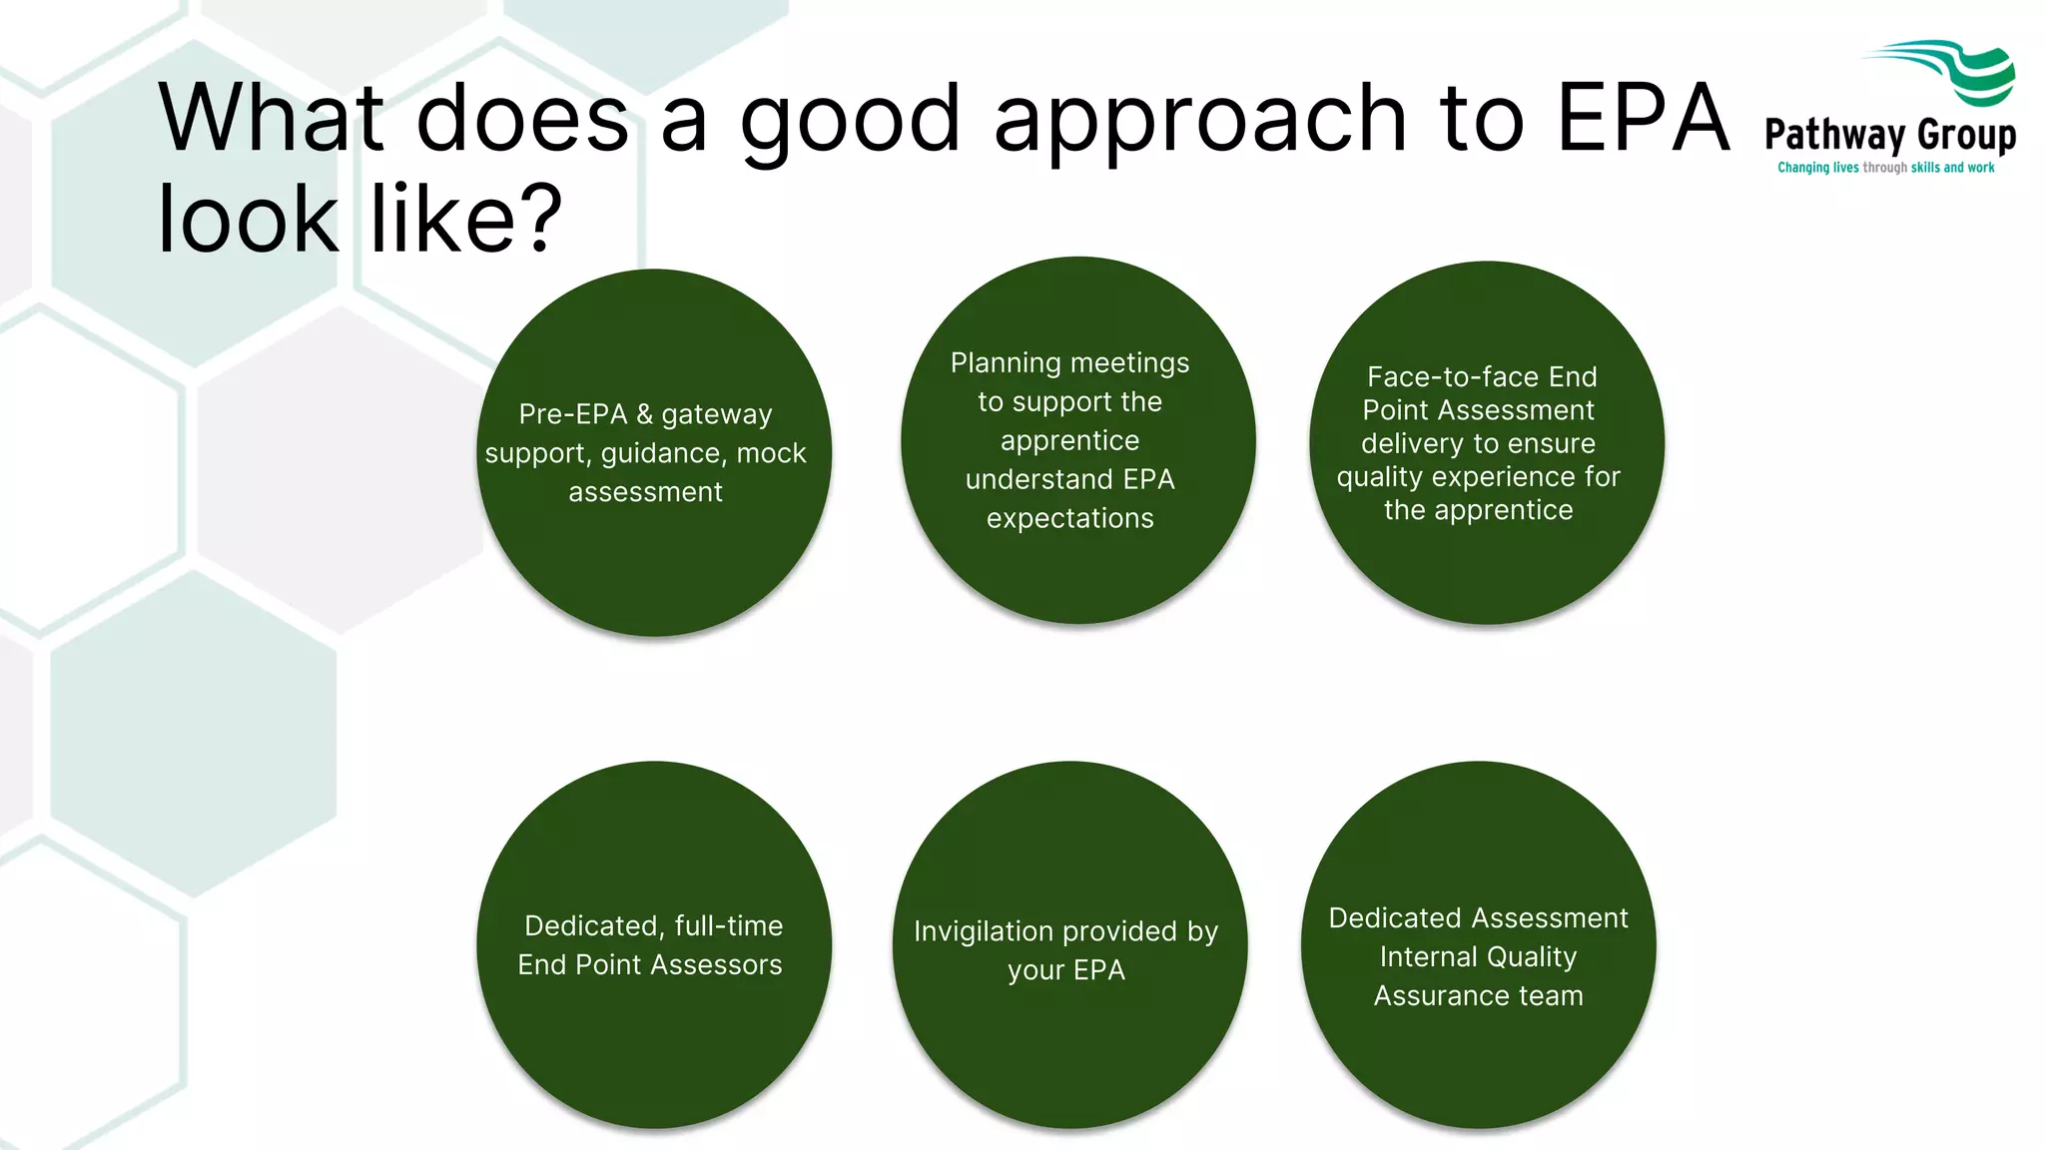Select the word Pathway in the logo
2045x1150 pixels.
click(1835, 136)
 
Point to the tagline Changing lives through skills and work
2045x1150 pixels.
click(1885, 168)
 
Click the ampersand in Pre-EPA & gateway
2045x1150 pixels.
click(644, 414)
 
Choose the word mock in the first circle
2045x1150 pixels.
click(771, 453)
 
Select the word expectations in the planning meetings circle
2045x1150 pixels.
click(1069, 518)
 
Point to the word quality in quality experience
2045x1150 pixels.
click(1380, 477)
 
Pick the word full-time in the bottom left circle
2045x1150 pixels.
click(728, 926)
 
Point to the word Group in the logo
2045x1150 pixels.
click(1966, 136)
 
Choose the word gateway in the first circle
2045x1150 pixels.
click(716, 415)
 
